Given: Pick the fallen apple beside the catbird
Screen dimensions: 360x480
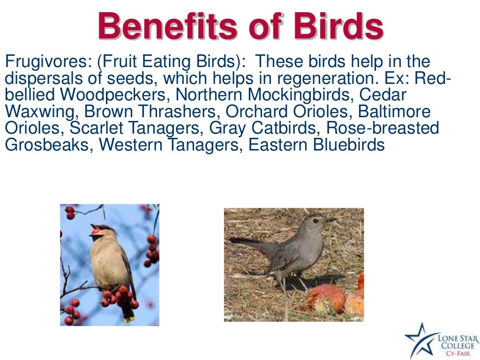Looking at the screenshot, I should click(x=329, y=298).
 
